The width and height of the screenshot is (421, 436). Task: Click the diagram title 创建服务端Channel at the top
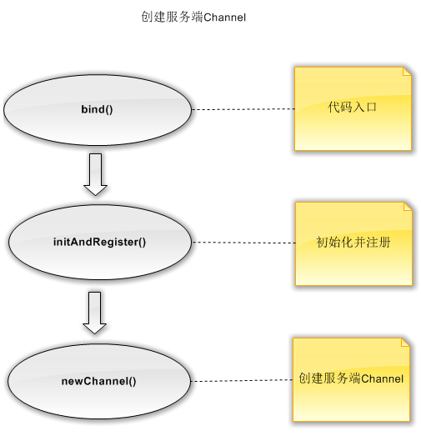pos(193,17)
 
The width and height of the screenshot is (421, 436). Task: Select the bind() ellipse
pos(98,110)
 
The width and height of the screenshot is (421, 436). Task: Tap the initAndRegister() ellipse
pos(100,243)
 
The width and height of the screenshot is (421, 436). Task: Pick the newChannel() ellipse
pos(99,381)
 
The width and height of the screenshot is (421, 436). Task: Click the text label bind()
pos(97,109)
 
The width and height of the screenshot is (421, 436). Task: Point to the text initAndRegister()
pos(99,242)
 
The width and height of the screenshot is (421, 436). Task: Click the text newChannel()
pos(98,381)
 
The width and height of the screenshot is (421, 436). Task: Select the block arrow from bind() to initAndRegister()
pos(95,174)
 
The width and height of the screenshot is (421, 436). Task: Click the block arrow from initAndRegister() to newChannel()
pos(94,313)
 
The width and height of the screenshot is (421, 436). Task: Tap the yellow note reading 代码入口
pos(353,108)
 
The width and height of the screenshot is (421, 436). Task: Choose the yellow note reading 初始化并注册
pos(353,244)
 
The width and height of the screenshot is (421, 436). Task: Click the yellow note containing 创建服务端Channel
pos(351,380)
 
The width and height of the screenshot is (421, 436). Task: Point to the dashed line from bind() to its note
pos(243,109)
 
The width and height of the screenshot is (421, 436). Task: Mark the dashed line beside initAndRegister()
pos(243,243)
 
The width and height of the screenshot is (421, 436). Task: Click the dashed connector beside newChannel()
pos(242,380)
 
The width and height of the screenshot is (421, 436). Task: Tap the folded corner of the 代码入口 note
pos(408,71)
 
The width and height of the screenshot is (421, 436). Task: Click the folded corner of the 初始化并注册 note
pos(408,207)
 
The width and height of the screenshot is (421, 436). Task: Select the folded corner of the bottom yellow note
pos(406,343)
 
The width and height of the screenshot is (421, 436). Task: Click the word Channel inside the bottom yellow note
pos(383,378)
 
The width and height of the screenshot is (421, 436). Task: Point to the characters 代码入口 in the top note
pos(352,107)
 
